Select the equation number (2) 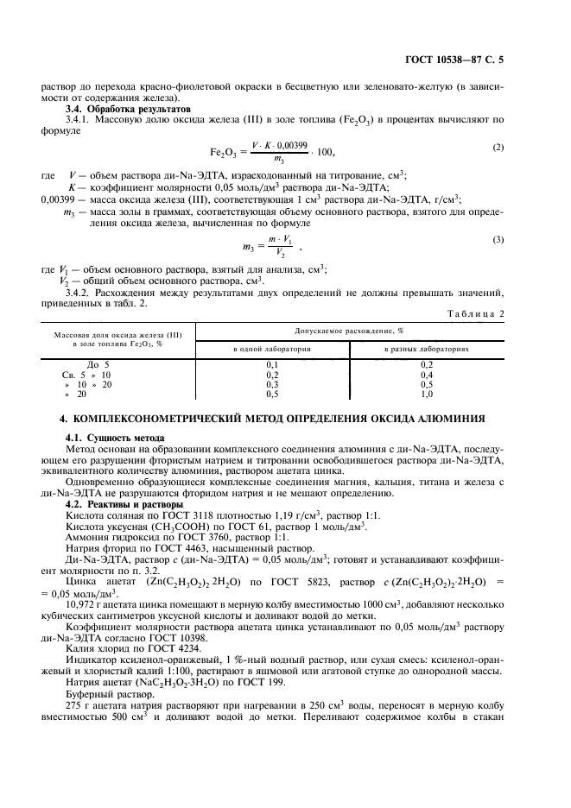(498, 147)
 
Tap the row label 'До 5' (98, 365)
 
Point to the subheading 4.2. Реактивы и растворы (124, 504)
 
